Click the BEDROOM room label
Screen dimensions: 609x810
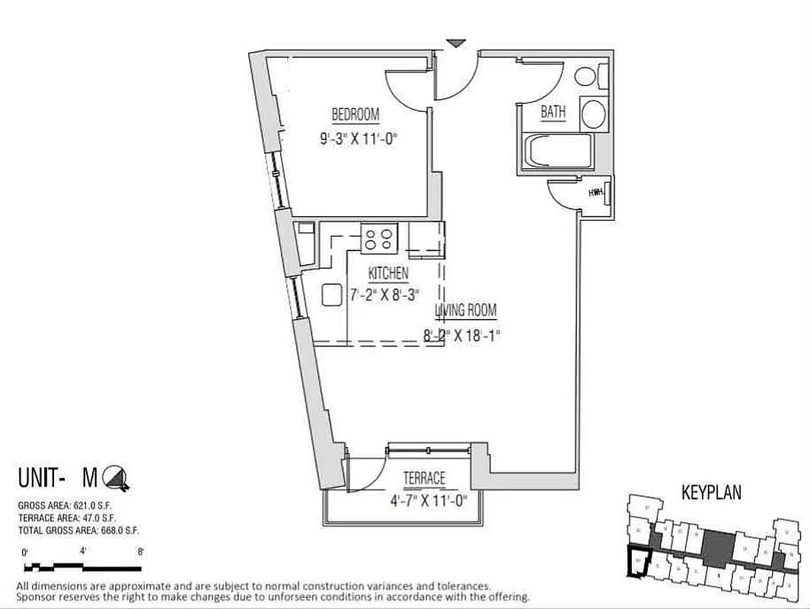pos(355,115)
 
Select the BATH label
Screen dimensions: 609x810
pos(553,112)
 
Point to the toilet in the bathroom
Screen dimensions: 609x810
pos(589,76)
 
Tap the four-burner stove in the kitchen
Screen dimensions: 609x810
pos(379,238)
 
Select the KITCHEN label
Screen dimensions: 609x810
pos(388,274)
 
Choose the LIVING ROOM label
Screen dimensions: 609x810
pos(466,311)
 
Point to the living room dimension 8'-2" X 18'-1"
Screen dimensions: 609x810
pos(463,334)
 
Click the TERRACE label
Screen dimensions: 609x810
pos(424,478)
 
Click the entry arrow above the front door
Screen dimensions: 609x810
pos(454,43)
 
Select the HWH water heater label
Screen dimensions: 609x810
pos(596,193)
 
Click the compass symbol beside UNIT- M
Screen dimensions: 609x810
pos(116,477)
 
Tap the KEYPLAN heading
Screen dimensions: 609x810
pos(713,493)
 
